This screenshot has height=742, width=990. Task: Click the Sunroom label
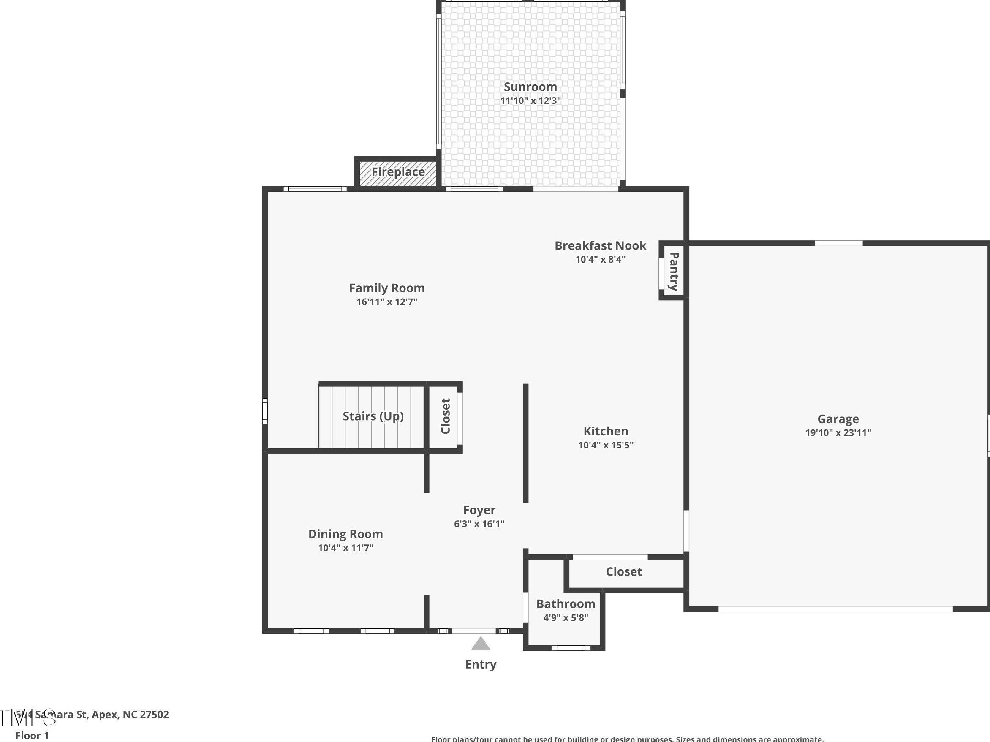(x=530, y=87)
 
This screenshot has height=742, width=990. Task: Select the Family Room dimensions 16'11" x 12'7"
(x=387, y=302)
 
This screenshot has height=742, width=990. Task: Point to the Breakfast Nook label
(x=600, y=246)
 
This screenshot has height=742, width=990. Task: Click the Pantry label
(x=674, y=272)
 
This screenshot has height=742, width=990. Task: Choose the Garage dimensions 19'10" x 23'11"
(x=838, y=433)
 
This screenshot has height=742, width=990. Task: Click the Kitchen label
(x=606, y=432)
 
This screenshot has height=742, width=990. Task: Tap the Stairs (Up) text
(x=373, y=416)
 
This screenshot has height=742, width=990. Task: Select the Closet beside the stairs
(x=445, y=416)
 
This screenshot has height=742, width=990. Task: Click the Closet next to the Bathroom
(x=623, y=572)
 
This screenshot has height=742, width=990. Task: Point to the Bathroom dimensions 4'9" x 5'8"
(x=565, y=617)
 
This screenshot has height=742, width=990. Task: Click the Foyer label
(x=479, y=510)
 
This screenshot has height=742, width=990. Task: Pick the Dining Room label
(x=345, y=534)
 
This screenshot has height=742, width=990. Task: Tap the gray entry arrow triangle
(x=481, y=644)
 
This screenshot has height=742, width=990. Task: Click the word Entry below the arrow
(x=481, y=665)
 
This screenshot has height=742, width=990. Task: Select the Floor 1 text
(x=32, y=735)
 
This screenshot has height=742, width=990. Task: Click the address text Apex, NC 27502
(x=130, y=714)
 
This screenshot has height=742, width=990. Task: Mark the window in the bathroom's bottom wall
(x=570, y=647)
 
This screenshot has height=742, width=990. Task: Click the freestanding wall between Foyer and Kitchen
(x=525, y=443)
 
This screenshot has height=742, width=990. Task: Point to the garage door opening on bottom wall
(x=835, y=609)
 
